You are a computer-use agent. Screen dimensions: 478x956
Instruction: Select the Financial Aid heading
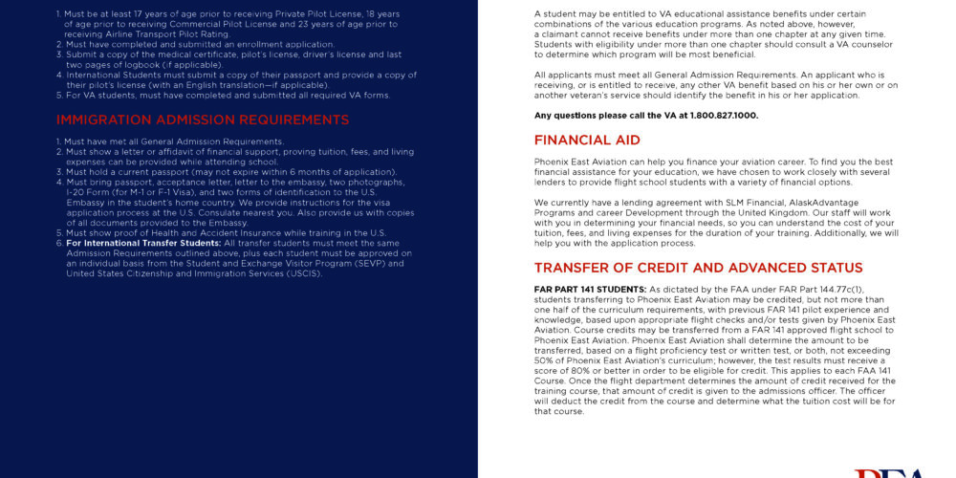587,141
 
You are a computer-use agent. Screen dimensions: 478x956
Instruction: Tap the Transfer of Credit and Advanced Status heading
698,268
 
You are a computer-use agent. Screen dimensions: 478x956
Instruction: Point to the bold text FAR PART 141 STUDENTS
590,289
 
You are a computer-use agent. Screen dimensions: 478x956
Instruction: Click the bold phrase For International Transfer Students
143,243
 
